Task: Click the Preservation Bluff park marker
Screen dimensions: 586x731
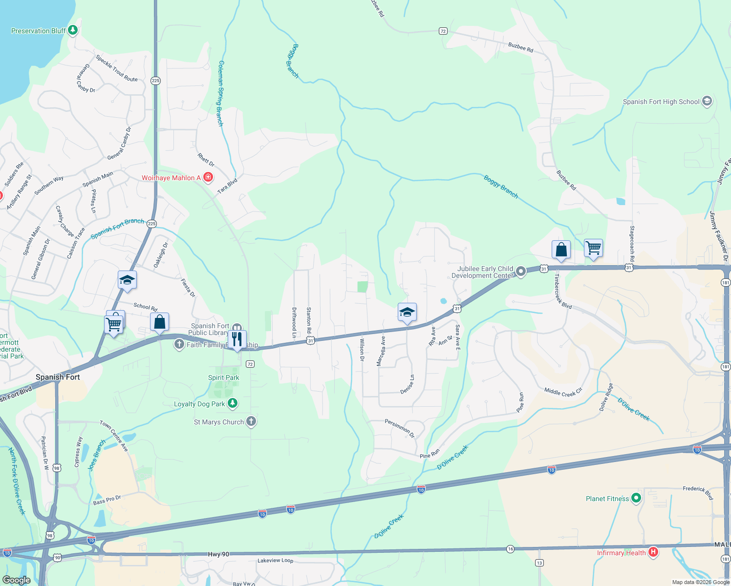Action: (73, 30)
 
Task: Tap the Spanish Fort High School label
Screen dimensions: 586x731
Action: (661, 102)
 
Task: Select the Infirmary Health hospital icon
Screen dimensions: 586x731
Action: (653, 552)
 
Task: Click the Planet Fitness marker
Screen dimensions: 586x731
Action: (636, 498)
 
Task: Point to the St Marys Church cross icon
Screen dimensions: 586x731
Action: (251, 421)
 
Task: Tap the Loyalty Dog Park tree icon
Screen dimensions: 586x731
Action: (233, 403)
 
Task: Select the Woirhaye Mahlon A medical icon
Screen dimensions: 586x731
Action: (208, 177)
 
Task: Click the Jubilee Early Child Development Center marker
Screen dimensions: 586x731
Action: (521, 271)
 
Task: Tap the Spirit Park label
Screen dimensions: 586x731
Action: (224, 377)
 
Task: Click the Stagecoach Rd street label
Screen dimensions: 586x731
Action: (632, 243)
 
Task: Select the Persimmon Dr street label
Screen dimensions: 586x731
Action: (400, 428)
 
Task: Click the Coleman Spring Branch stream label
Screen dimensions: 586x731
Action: (220, 94)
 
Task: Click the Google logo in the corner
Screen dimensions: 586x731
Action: (16, 580)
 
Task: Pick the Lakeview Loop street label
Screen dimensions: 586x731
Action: (276, 561)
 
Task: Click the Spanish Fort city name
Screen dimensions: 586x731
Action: (58, 377)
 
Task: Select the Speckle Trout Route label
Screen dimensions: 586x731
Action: (117, 68)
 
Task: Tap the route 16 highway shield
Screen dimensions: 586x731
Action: (510, 549)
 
